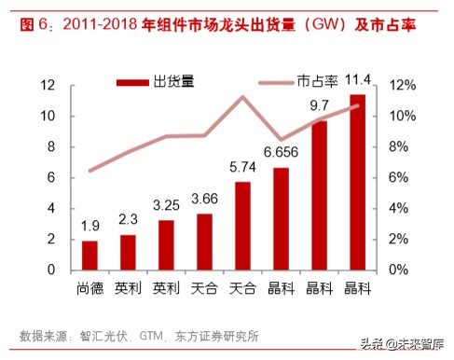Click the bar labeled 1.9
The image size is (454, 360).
(x=89, y=255)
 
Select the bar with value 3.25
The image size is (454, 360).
(x=166, y=244)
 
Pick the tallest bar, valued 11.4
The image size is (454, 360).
(x=357, y=182)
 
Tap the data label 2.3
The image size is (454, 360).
(x=128, y=219)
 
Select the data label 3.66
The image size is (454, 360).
(x=204, y=199)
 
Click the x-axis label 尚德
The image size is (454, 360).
(x=89, y=288)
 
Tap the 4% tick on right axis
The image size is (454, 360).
(x=399, y=209)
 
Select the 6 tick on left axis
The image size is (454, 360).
(x=50, y=178)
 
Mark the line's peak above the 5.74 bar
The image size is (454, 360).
(x=242, y=97)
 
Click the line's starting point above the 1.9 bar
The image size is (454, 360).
(x=89, y=171)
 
